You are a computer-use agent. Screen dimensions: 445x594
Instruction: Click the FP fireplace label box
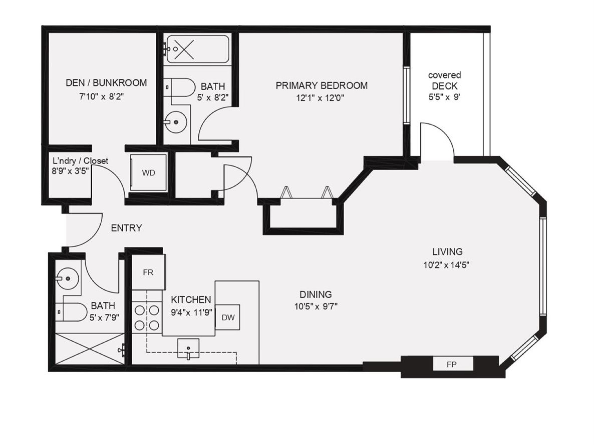[453, 364]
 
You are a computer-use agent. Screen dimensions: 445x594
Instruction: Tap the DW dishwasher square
[228, 317]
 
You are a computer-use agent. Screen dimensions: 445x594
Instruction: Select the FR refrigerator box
[148, 272]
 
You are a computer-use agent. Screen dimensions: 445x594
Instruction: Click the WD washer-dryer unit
[148, 173]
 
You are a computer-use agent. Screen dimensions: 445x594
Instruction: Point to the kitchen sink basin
[188, 348]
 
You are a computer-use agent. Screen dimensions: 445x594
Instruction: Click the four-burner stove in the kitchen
[147, 318]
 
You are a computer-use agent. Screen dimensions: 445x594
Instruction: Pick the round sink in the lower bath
[67, 278]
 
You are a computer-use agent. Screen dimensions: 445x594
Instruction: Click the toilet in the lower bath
[73, 312]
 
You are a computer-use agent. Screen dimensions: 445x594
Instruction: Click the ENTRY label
[126, 228]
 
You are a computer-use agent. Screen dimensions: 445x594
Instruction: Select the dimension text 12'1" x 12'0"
[320, 98]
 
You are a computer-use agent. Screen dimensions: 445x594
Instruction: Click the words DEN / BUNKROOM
[106, 83]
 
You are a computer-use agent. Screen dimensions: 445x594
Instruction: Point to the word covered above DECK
[444, 75]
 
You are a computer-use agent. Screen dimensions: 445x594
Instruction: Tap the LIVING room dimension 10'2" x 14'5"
[446, 265]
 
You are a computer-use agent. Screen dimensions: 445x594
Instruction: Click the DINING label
[316, 294]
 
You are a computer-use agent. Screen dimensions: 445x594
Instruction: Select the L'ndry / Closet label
[80, 161]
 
